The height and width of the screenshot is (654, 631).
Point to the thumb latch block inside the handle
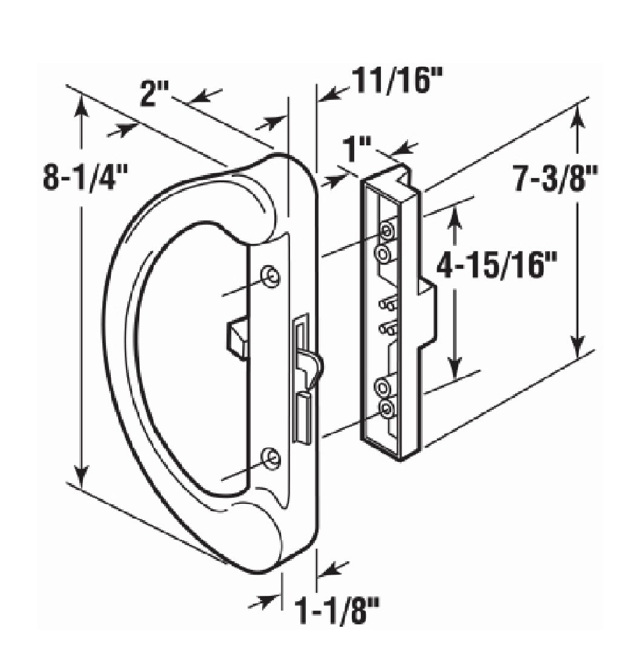pyautogui.click(x=237, y=337)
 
